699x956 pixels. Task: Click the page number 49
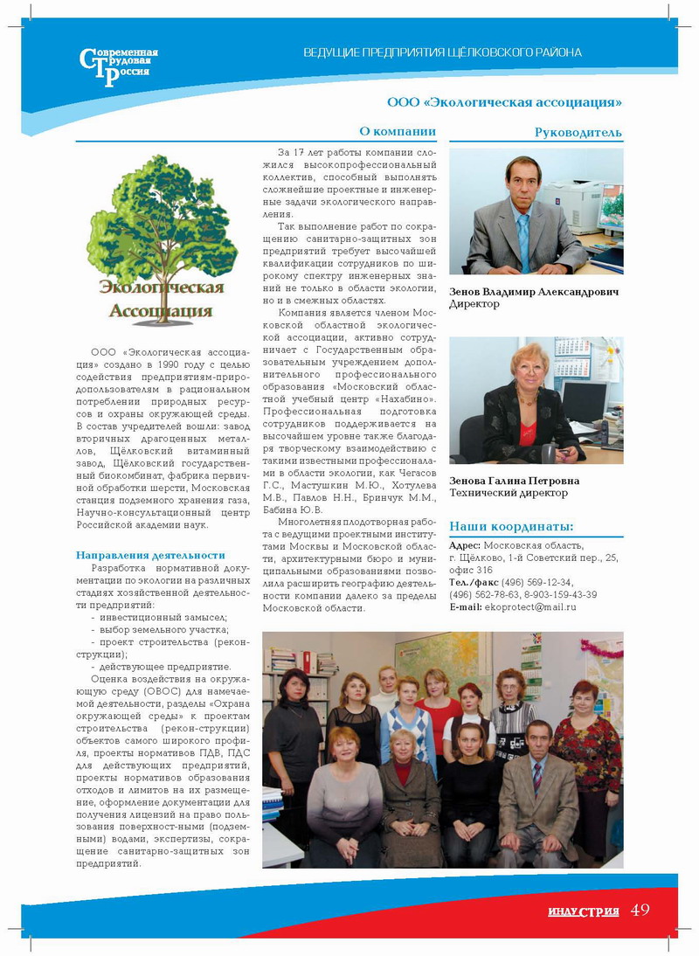[640, 910]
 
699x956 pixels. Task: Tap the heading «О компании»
[398, 132]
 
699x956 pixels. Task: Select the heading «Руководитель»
[578, 133]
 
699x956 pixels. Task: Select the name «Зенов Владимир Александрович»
[533, 292]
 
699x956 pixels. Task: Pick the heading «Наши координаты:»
[511, 526]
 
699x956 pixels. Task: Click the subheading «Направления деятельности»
[150, 555]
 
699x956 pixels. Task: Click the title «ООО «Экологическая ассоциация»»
[504, 102]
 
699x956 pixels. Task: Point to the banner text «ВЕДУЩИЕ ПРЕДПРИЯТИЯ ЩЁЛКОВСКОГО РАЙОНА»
[442, 52]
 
